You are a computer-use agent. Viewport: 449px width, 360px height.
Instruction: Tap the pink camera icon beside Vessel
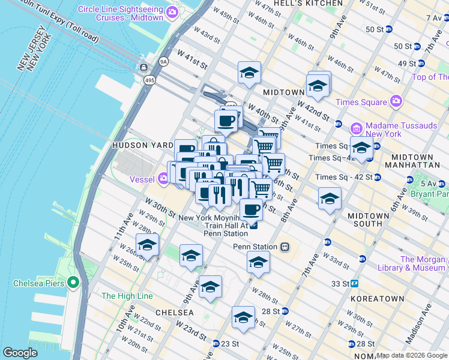(x=164, y=179)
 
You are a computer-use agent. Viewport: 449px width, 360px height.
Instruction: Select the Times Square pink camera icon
(x=396, y=101)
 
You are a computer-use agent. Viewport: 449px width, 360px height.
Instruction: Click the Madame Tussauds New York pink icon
(x=357, y=128)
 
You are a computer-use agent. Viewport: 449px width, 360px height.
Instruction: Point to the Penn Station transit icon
(x=285, y=247)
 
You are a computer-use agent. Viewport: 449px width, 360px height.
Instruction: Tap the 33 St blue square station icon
(x=355, y=283)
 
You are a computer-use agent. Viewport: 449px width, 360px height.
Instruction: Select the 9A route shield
(x=163, y=61)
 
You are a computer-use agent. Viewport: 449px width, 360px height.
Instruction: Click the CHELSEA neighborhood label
(x=174, y=313)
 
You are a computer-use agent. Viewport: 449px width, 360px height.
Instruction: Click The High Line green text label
(x=127, y=296)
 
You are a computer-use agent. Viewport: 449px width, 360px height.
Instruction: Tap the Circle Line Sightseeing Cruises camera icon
(x=173, y=13)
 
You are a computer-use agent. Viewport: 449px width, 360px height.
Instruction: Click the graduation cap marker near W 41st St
(x=249, y=73)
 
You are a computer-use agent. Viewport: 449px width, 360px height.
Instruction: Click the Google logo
(x=20, y=353)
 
